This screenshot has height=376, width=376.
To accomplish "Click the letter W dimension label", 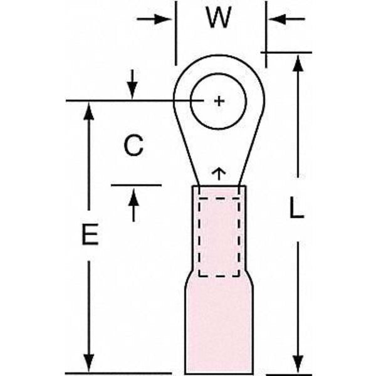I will pyautogui.click(x=218, y=18).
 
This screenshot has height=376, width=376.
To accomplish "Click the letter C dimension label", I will pyautogui.click(x=133, y=146).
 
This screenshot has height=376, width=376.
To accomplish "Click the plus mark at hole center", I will pyautogui.click(x=219, y=101).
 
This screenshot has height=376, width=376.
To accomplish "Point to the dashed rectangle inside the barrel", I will pyautogui.click(x=219, y=237).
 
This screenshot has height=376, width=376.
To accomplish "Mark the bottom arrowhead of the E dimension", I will pyautogui.click(x=90, y=364).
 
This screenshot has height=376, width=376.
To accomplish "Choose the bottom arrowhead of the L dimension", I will pyautogui.click(x=299, y=365).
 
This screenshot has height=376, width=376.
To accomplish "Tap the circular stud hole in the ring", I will pyautogui.click(x=219, y=113).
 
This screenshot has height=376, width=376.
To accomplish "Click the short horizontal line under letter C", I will pyautogui.click(x=136, y=185).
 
